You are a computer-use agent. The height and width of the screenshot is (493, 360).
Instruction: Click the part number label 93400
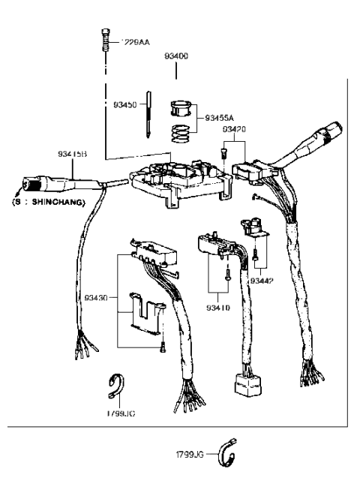[176, 56]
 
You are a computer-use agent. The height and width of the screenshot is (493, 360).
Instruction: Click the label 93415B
[73, 155]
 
